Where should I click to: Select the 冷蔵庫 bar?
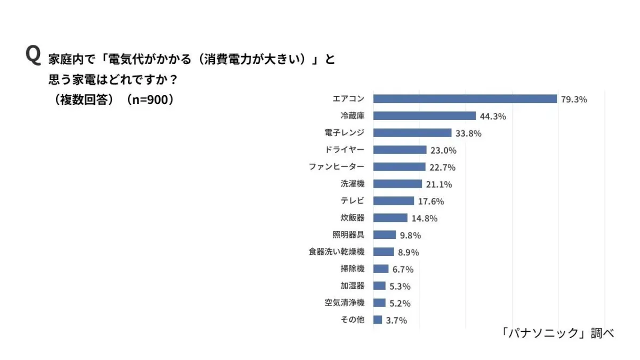coord(425,116)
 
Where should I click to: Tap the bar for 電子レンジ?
coord(412,133)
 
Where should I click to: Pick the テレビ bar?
coord(394,201)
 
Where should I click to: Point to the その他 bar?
coord(378,320)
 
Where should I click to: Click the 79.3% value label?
coord(574,99)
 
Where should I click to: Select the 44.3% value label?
coord(493,116)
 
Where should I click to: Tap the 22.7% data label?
coord(442,167)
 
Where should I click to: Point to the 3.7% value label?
coord(396,321)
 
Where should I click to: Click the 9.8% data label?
coord(411,235)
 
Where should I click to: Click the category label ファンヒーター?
coord(337,167)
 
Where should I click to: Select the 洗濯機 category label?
coord(353,184)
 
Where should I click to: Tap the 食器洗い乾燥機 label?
coord(337,252)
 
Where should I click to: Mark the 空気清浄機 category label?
coord(345,303)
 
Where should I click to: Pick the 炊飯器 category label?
coord(353,218)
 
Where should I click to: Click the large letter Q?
coord(33,55)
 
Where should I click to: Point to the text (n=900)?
coord(150,100)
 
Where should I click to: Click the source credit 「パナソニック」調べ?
coord(558,333)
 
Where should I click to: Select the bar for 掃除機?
coord(381,269)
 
